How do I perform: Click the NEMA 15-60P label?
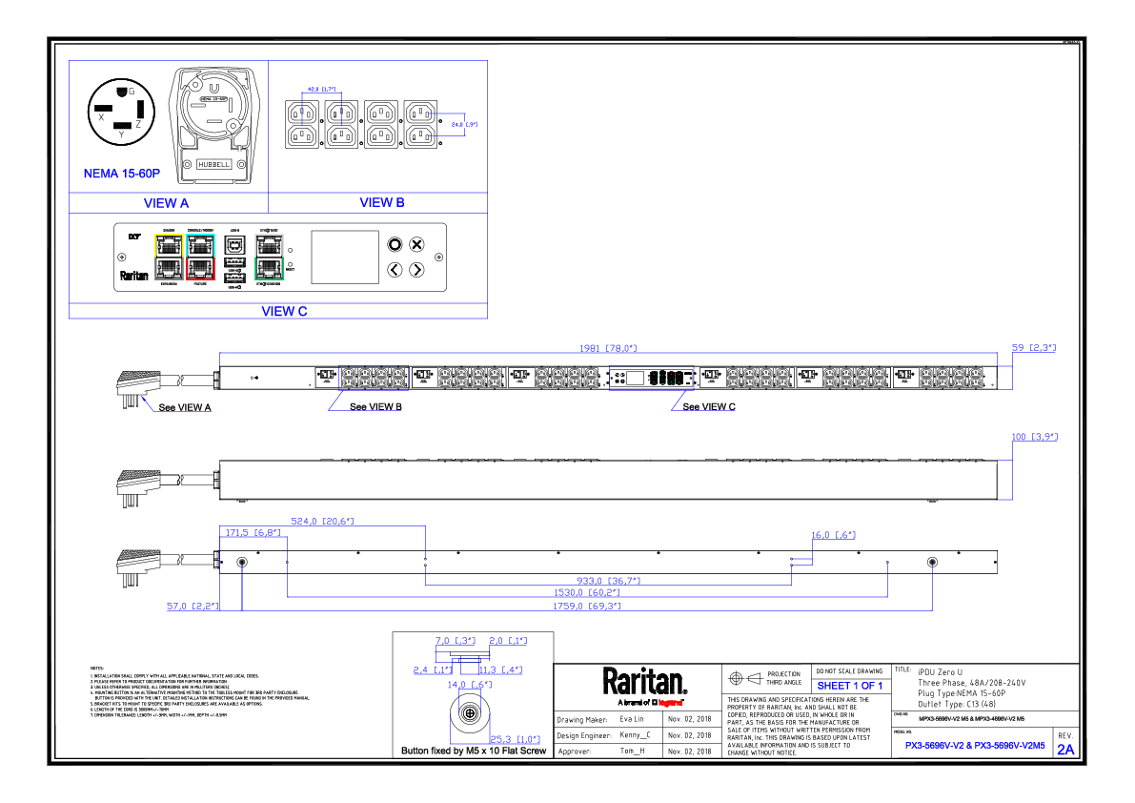pyautogui.click(x=121, y=175)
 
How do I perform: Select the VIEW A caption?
pyautogui.click(x=166, y=203)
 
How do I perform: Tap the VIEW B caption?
pyautogui.click(x=382, y=203)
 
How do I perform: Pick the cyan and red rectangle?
pyautogui.click(x=200, y=257)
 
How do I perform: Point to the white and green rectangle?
pyautogui.click(x=269, y=257)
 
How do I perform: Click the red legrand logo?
pyautogui.click(x=670, y=703)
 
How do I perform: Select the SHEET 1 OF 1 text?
pyautogui.click(x=849, y=687)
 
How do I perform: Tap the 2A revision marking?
pyautogui.click(x=1065, y=750)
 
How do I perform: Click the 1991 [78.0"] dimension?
pyautogui.click(x=608, y=349)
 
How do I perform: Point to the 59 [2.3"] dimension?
pyautogui.click(x=1033, y=348)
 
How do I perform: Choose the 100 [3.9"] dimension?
pyautogui.click(x=1034, y=437)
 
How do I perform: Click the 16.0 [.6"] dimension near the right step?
pyautogui.click(x=833, y=536)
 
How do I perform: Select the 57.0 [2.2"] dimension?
pyautogui.click(x=193, y=607)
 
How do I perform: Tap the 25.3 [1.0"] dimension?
pyautogui.click(x=516, y=739)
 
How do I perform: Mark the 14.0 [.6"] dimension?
pyautogui.click(x=469, y=685)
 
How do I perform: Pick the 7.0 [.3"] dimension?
pyautogui.click(x=455, y=641)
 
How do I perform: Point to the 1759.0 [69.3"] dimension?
pyautogui.click(x=586, y=607)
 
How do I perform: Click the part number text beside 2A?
pyautogui.click(x=975, y=746)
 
